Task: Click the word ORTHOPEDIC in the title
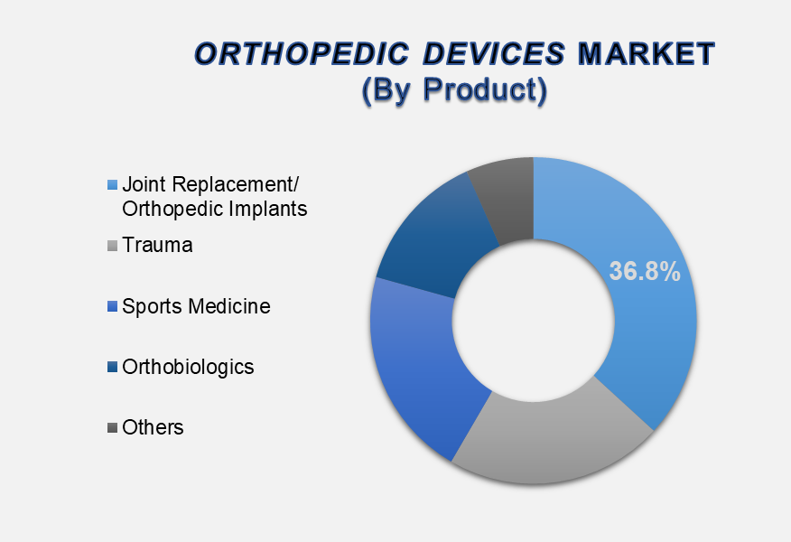coord(302,53)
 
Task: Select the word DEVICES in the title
coord(494,53)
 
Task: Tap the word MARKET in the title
coord(647,53)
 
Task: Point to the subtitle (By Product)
coord(454,89)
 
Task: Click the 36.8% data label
coord(645,271)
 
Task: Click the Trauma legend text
coord(157,246)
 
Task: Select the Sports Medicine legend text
coord(196,306)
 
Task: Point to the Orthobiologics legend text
coord(188,367)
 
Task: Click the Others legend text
coord(153,427)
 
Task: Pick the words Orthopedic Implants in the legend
coord(215,209)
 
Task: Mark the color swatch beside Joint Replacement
coord(112,184)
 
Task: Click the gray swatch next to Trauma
coord(112,246)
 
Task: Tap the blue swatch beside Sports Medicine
coord(112,306)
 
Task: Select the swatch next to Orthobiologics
coord(112,367)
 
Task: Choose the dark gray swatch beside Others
coord(112,428)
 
